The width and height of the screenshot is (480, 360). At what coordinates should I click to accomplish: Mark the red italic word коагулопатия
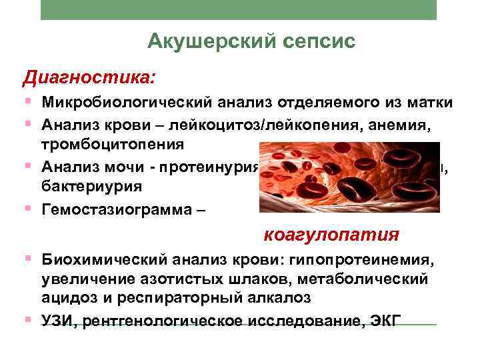pyautogui.click(x=331, y=235)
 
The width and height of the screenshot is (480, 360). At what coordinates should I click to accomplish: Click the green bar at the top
pyautogui.click(x=239, y=9)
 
